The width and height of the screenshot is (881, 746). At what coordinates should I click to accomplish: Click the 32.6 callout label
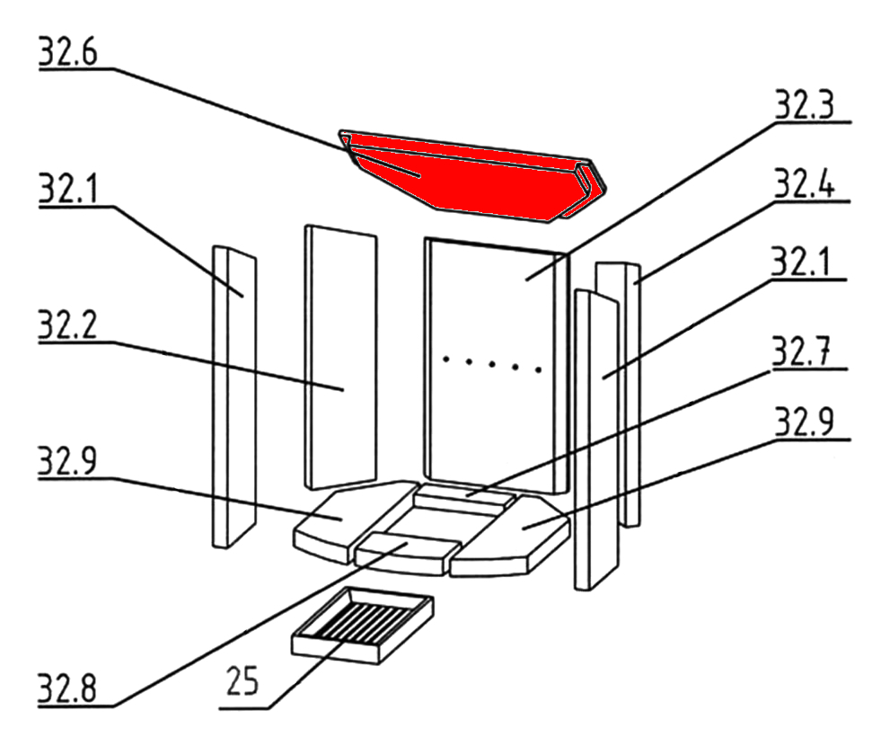68,52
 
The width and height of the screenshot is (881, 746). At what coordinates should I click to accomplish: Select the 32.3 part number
805,104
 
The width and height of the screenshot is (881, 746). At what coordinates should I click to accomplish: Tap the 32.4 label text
805,183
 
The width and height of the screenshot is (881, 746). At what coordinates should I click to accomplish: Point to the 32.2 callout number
67,325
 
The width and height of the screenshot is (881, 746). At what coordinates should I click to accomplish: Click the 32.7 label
801,351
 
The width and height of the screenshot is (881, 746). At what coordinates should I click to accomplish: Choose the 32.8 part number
67,688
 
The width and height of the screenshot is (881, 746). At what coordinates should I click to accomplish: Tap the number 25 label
242,680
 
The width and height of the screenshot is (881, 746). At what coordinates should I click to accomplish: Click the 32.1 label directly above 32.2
68,189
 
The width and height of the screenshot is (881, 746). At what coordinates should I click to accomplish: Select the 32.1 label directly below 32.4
800,262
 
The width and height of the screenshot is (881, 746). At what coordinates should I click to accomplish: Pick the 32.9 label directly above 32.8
67,461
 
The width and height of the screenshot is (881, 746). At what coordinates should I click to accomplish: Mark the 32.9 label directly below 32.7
805,422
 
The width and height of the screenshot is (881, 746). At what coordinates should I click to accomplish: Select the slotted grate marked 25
363,626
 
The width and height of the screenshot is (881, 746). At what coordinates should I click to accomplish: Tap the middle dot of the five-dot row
492,364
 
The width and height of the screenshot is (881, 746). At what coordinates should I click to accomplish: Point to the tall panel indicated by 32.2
341,358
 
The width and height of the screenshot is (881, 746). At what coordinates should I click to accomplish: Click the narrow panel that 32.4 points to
618,394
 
